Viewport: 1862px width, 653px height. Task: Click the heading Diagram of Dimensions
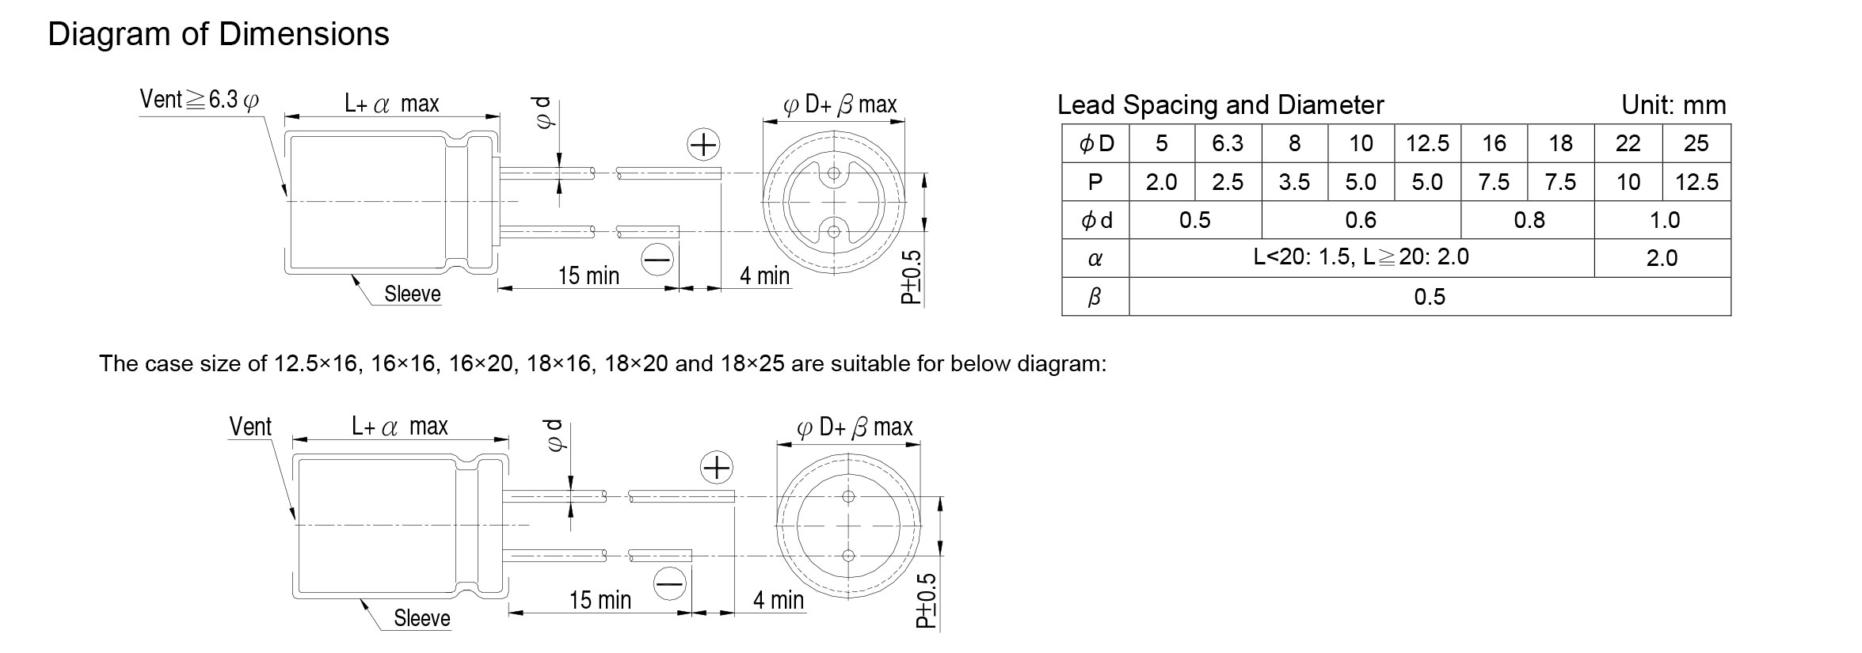(219, 35)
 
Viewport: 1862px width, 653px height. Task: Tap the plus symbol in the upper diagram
(703, 145)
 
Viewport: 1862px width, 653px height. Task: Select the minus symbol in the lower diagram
(670, 584)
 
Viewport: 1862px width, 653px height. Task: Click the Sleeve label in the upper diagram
(413, 294)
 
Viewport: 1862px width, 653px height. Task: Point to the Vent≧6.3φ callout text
(199, 100)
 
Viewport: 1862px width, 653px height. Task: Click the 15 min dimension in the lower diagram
(600, 600)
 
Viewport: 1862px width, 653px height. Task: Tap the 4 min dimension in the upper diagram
(765, 275)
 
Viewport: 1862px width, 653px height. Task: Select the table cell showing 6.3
(1228, 143)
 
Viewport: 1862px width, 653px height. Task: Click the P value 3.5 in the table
(1294, 182)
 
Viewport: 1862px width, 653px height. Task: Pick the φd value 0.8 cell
(1529, 220)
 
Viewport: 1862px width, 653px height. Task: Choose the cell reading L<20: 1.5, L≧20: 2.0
(1361, 257)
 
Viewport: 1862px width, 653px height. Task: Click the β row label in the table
(1095, 297)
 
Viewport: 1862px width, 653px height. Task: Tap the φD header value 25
(1696, 143)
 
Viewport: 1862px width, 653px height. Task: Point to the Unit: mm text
(1674, 105)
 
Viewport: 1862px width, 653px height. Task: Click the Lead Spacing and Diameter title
(1220, 105)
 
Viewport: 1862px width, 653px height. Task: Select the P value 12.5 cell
(1696, 182)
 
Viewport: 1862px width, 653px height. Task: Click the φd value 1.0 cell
(1663, 220)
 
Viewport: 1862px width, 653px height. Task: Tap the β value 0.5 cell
(1430, 297)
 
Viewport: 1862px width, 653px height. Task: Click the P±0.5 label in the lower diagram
(926, 601)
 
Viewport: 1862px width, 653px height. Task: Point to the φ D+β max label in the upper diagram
(840, 104)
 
